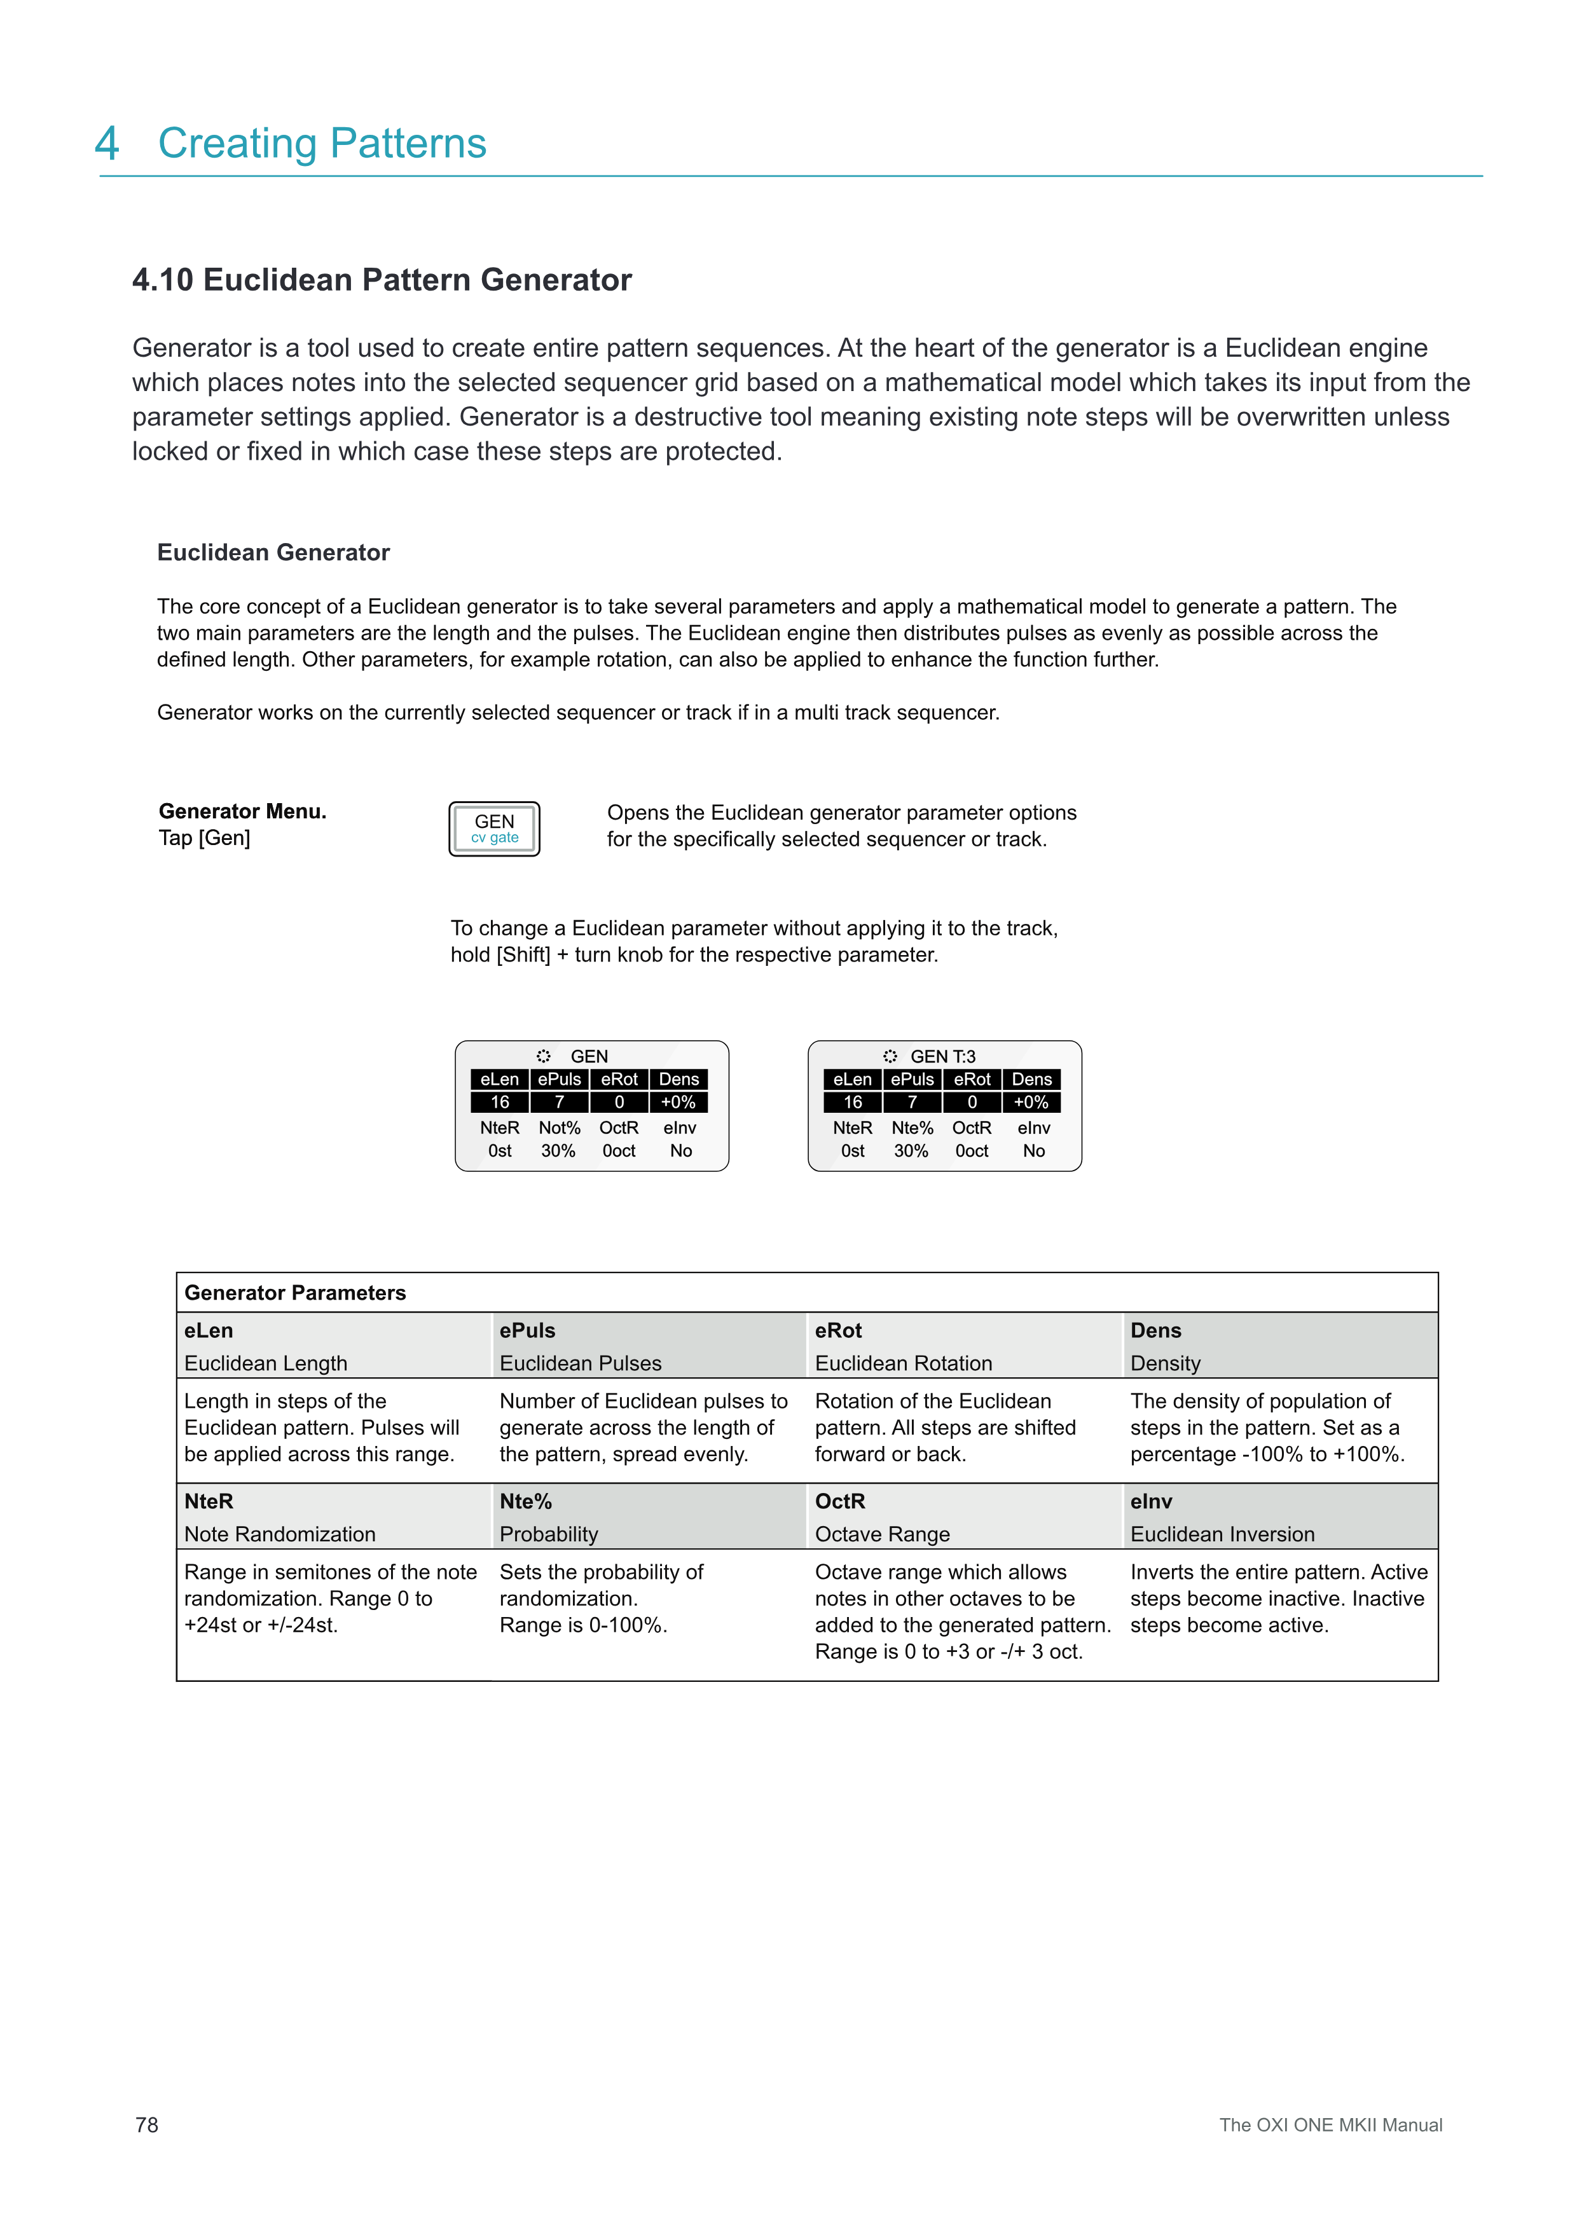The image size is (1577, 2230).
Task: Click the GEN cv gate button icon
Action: pos(493,829)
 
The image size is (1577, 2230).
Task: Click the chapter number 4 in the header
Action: pos(107,144)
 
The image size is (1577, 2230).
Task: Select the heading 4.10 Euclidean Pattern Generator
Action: pos(382,280)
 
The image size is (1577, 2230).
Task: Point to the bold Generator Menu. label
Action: pos(242,811)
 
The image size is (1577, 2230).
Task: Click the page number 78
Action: pos(147,2124)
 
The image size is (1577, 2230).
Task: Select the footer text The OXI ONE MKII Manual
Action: pos(1330,2124)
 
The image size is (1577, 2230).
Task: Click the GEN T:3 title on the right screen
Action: pos(941,1056)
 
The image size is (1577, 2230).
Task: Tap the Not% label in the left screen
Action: pos(560,1127)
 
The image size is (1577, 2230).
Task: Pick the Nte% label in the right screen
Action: pos(912,1127)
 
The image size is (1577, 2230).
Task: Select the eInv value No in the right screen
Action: pos(1033,1151)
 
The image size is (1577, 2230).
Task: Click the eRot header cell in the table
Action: pos(838,1331)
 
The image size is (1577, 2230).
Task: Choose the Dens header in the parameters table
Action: pos(1155,1331)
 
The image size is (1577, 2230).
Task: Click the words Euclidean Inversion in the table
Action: pos(1222,1534)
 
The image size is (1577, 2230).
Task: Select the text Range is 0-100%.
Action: pos(582,1625)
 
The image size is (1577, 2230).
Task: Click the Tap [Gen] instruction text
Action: pos(204,838)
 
